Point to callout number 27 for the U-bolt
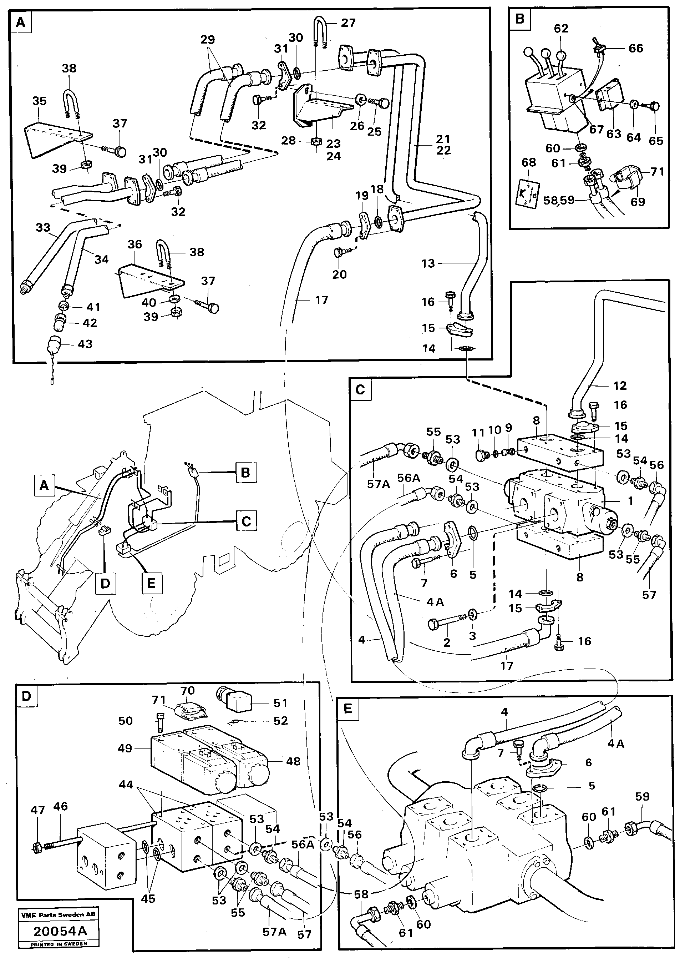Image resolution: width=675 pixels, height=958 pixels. click(x=348, y=22)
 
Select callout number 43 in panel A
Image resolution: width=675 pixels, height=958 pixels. click(x=85, y=344)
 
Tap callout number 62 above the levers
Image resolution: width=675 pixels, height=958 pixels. click(x=561, y=29)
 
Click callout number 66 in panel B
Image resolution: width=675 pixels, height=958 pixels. click(x=636, y=49)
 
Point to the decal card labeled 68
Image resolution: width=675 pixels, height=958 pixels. click(x=529, y=192)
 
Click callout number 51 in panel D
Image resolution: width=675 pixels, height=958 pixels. click(x=280, y=703)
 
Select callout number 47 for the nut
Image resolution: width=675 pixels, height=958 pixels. click(x=37, y=810)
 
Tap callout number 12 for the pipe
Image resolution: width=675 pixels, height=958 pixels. click(x=620, y=385)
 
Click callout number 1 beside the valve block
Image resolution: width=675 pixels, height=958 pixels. click(x=630, y=500)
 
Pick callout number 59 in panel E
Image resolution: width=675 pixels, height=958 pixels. click(x=642, y=797)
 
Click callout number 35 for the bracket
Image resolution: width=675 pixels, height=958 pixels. click(x=40, y=101)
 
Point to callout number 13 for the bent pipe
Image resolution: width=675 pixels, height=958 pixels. click(x=428, y=263)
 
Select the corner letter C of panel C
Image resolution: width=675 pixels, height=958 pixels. click(x=360, y=389)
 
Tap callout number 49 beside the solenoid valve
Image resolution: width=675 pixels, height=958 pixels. click(x=125, y=748)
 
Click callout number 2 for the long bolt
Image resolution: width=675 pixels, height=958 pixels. click(x=447, y=642)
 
